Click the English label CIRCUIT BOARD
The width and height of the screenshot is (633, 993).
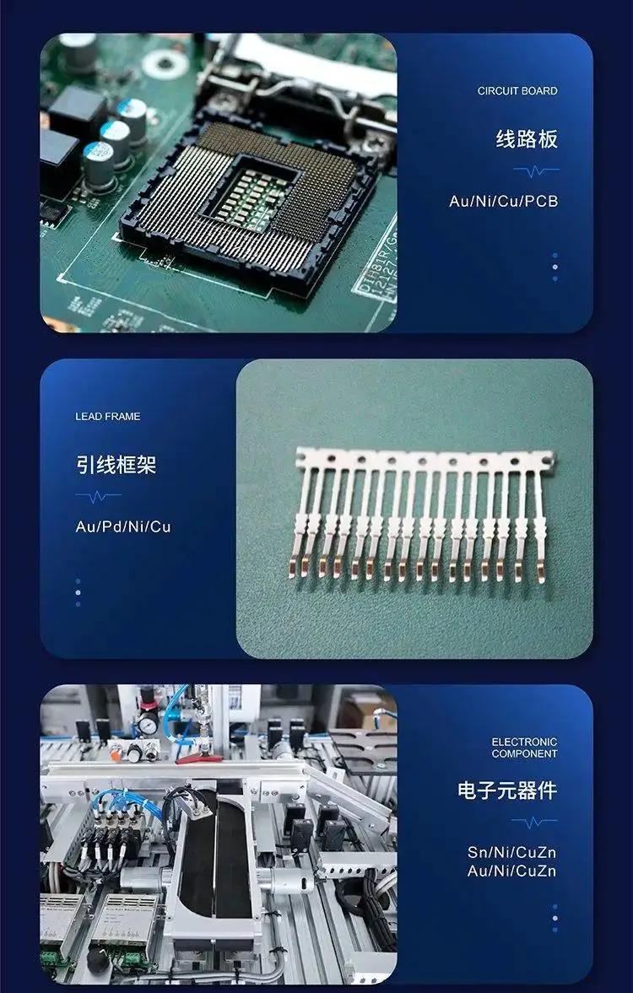[x=517, y=91]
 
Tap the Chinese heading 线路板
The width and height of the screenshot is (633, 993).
[x=527, y=138]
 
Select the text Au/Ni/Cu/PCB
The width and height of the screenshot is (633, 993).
[x=504, y=202]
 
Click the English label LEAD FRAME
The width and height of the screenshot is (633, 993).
[x=108, y=417]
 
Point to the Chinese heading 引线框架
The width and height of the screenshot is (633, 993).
[x=116, y=465]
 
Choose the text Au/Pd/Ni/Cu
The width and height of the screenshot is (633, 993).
[x=123, y=527]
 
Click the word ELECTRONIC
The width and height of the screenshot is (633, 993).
[x=525, y=742]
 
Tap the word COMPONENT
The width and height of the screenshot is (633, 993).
[x=525, y=753]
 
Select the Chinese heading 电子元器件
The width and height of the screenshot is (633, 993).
[x=507, y=791]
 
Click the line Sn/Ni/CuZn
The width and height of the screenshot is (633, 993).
[x=512, y=852]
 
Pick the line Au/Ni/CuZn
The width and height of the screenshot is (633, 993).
[x=512, y=872]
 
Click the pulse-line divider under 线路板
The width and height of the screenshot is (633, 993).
[x=536, y=170]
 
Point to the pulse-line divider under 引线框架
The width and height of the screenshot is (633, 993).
[x=98, y=496]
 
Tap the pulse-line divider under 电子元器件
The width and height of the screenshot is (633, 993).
[x=534, y=822]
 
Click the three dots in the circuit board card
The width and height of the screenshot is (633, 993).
[x=555, y=267]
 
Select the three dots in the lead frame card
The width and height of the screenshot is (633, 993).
[x=78, y=593]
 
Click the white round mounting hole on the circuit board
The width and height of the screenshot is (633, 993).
[x=165, y=63]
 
